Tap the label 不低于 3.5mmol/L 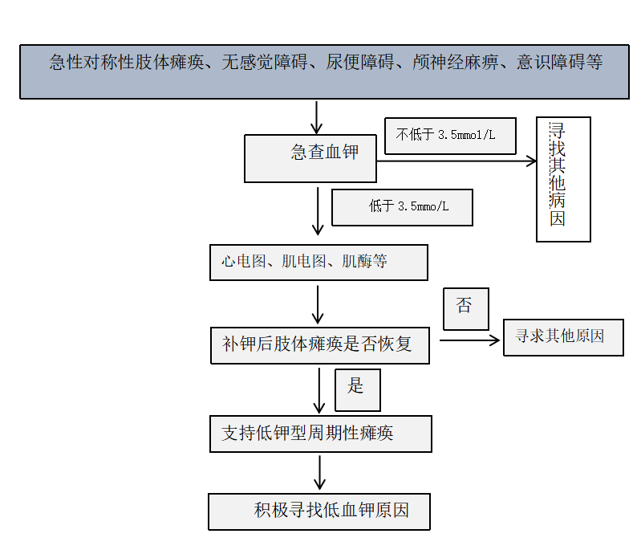pos(450,135)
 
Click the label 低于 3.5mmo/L pos(402,207)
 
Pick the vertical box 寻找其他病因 pos(563,179)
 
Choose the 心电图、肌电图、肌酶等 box pos(318,263)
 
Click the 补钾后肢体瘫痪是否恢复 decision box pos(320,346)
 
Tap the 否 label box pos(465,308)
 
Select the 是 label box pos(357,389)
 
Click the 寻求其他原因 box pos(563,337)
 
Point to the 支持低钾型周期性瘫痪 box pos(320,434)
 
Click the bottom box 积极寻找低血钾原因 pos(319,511)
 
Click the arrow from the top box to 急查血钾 pos(317,116)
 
